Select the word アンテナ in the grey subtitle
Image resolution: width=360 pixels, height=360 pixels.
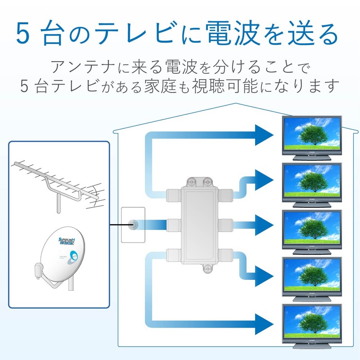pos(81,67)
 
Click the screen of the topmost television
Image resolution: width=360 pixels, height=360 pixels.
pos(311,134)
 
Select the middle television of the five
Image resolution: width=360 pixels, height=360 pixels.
pos(311,228)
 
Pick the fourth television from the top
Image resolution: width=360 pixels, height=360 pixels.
pos(311,274)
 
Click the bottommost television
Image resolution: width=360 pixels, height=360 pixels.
pos(311,322)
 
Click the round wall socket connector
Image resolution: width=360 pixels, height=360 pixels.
pos(133,224)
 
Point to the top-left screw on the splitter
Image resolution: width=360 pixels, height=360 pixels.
pos(191,181)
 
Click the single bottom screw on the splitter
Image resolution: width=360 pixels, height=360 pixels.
pos(207,269)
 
